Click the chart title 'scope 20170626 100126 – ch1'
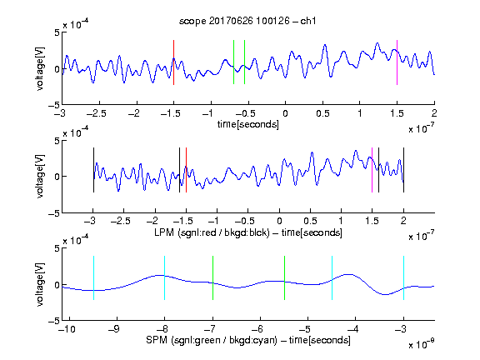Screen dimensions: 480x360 pyautogui.click(x=247, y=21)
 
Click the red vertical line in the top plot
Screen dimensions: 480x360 pyautogui.click(x=173, y=62)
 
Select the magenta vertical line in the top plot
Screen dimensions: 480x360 pyautogui.click(x=397, y=62)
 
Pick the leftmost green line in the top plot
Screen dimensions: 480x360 pyautogui.click(x=233, y=62)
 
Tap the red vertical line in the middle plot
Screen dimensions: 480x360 pyautogui.click(x=186, y=170)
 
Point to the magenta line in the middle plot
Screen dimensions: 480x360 pyautogui.click(x=372, y=170)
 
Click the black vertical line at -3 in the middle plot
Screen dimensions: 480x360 pyautogui.click(x=93, y=170)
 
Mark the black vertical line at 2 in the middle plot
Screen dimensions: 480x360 pyautogui.click(x=403, y=170)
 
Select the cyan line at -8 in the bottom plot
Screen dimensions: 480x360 pyautogui.click(x=165, y=277)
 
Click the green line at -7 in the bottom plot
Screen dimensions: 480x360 pyautogui.click(x=212, y=277)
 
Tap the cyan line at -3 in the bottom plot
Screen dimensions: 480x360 pyautogui.click(x=403, y=277)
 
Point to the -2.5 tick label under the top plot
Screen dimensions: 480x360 pyautogui.click(x=96, y=113)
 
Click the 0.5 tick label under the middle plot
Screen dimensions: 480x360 pyautogui.click(x=310, y=221)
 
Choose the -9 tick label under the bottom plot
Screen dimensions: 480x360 pyautogui.click(x=114, y=329)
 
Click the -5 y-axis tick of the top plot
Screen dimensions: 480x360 pyautogui.click(x=54, y=105)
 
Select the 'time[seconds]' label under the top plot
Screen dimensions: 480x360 pyautogui.click(x=248, y=124)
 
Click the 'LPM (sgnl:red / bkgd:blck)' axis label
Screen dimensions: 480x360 pyautogui.click(x=212, y=232)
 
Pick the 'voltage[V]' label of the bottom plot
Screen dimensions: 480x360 pyautogui.click(x=40, y=284)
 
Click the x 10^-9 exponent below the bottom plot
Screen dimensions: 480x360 pyautogui.click(x=421, y=343)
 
